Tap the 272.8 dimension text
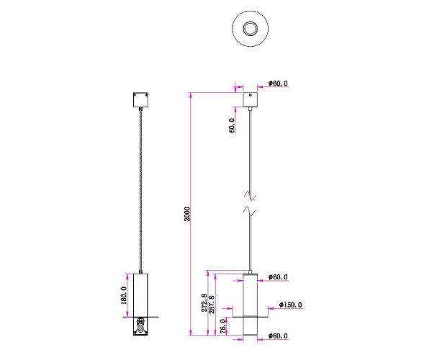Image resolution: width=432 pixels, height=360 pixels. (205, 303)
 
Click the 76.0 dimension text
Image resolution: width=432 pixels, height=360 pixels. (223, 325)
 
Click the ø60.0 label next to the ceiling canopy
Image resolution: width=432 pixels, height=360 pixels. (278, 84)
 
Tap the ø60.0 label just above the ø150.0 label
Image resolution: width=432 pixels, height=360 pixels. (278, 276)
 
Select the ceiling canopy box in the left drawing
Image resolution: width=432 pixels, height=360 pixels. (140, 99)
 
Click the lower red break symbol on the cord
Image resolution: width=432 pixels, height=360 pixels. (251, 210)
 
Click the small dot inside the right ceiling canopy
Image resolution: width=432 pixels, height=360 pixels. (251, 94)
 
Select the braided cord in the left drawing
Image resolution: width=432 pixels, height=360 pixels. (140, 187)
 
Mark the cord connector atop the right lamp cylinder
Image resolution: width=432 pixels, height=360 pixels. (251, 271)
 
